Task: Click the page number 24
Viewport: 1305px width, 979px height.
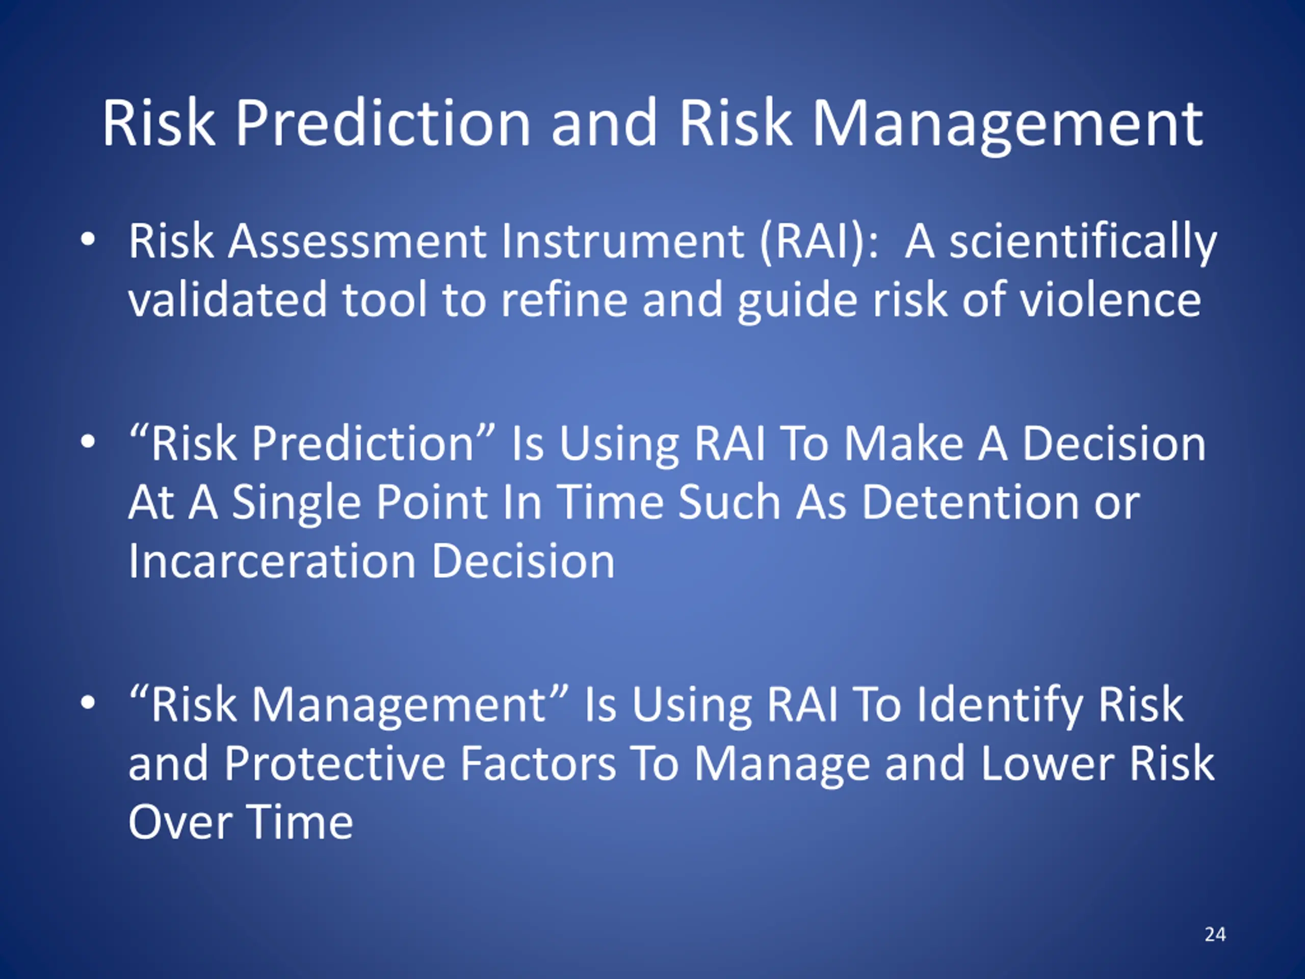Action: pos(1215,934)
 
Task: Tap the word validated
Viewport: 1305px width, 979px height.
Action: pos(228,300)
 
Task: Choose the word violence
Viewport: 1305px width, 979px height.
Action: pos(1110,300)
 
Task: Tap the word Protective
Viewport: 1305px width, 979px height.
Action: pos(334,763)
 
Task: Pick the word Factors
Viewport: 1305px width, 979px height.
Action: pos(538,763)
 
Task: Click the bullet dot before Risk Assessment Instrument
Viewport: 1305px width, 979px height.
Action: pos(87,240)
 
